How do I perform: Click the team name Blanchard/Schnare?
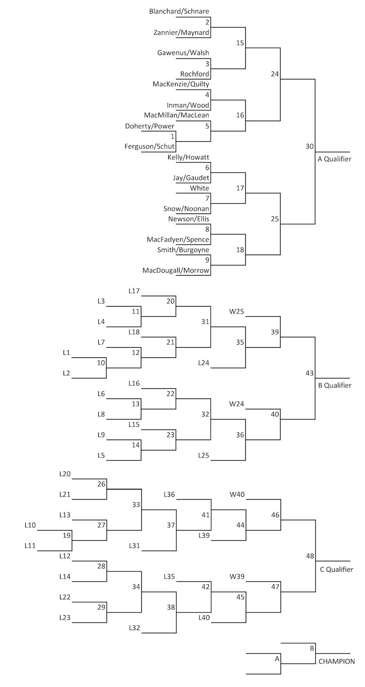tap(179, 11)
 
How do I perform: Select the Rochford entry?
tap(194, 74)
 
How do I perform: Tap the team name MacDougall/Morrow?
tap(176, 270)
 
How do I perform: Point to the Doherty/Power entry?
tap(150, 126)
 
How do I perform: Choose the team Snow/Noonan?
tap(186, 209)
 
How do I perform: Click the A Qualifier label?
tap(334, 159)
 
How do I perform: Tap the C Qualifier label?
tap(336, 570)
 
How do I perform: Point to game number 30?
tap(310, 146)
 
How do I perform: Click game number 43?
tap(310, 373)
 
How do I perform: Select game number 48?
tap(310, 556)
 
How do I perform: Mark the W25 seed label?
tap(237, 311)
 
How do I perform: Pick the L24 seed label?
tap(203, 363)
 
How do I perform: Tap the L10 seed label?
tap(30, 525)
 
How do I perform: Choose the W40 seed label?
tap(237, 495)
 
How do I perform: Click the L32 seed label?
tap(135, 628)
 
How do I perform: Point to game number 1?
tap(172, 136)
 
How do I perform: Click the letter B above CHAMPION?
tap(311, 648)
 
